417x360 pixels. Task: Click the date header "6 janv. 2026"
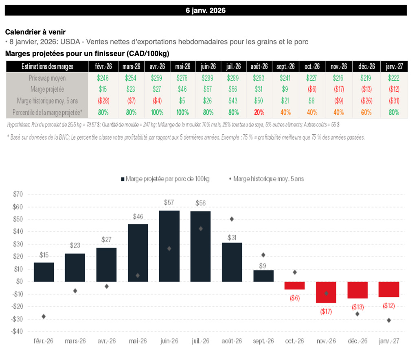click(x=205, y=11)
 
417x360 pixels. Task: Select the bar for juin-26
click(x=169, y=246)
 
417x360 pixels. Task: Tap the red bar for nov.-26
click(x=326, y=292)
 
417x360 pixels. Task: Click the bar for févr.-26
click(x=44, y=272)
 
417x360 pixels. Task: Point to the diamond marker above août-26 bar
click(x=232, y=219)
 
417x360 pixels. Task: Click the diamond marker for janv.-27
click(x=389, y=320)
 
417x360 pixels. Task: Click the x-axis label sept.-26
click(x=263, y=341)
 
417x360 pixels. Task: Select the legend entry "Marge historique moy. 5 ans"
click(x=268, y=178)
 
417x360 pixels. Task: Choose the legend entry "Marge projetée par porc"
click(x=165, y=178)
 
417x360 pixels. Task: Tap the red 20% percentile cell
click(x=259, y=112)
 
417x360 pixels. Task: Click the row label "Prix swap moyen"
click(x=47, y=77)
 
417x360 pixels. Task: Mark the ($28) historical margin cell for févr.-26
click(x=103, y=101)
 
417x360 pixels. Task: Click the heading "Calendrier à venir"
click(x=35, y=32)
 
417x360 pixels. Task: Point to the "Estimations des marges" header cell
click(x=47, y=66)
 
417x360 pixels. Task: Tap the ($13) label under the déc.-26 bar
click(x=358, y=307)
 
